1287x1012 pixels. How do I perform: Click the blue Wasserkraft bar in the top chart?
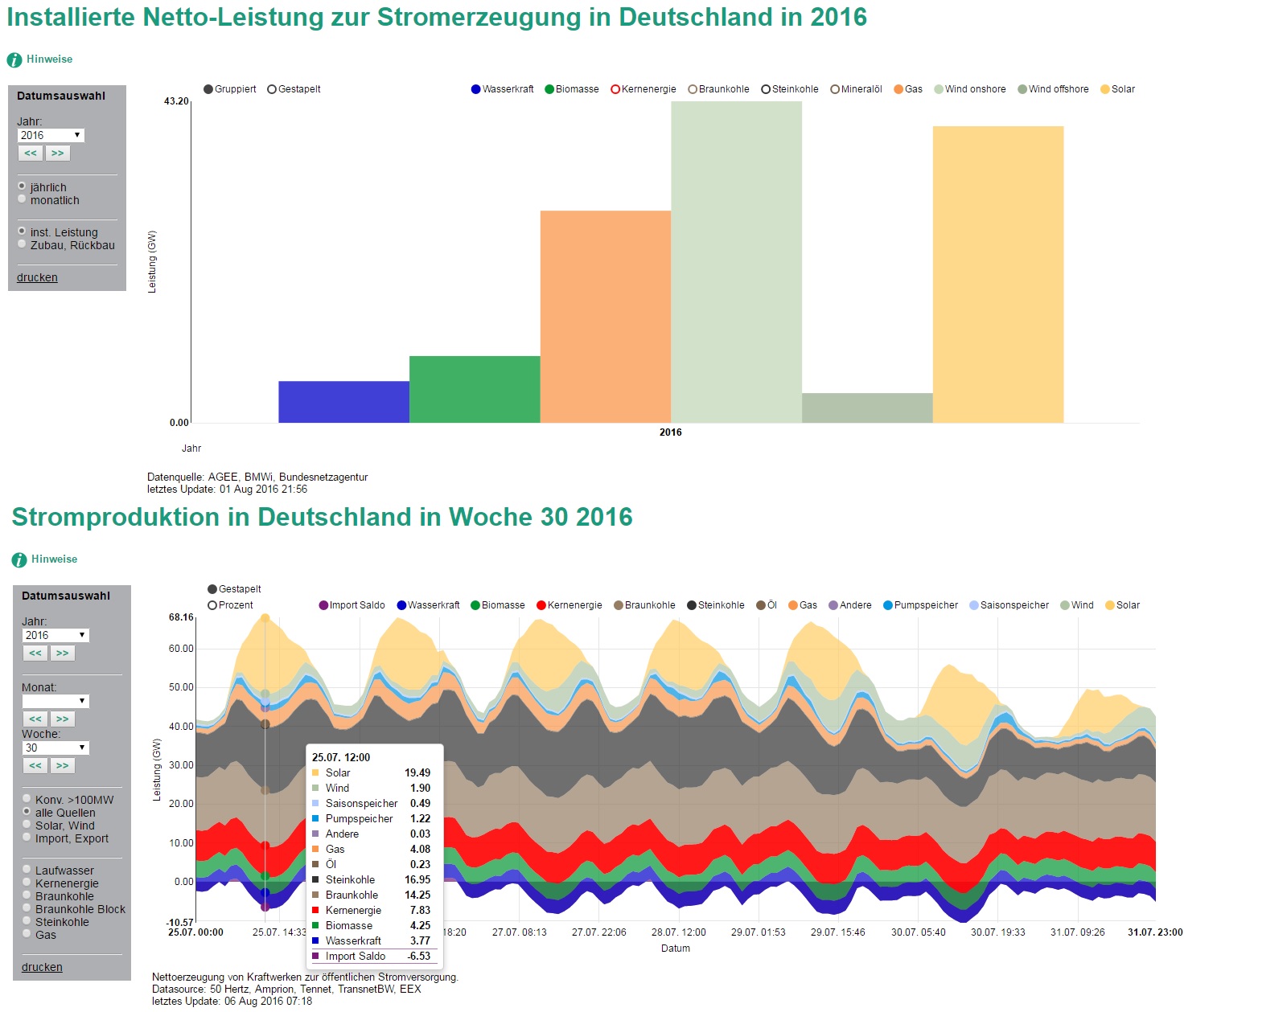click(343, 402)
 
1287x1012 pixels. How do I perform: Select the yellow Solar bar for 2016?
click(997, 273)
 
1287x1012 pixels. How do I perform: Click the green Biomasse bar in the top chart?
click(475, 389)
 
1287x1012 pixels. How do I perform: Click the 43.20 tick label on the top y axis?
click(176, 101)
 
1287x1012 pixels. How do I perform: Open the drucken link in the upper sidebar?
click(37, 277)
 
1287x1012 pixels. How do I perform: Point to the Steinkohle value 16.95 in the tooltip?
click(417, 879)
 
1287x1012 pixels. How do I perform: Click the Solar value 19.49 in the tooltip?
click(417, 772)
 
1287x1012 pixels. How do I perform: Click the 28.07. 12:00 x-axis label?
click(678, 932)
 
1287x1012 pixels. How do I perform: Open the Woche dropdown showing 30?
click(56, 748)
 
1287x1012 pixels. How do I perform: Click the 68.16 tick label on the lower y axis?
click(181, 617)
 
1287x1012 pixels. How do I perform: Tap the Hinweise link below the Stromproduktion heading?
click(54, 559)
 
